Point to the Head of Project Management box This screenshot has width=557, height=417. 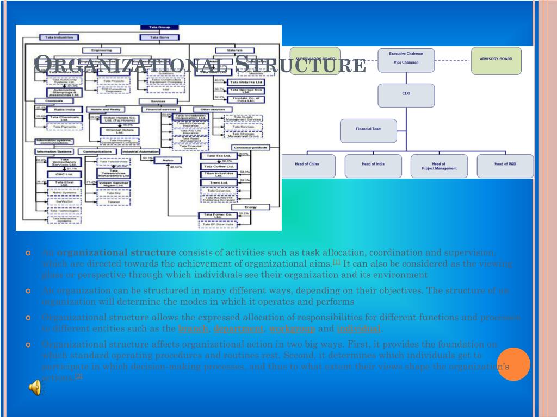[x=439, y=166]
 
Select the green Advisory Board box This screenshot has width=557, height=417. [x=496, y=60]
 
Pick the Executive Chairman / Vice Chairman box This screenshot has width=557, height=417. [x=406, y=60]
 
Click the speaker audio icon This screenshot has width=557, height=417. [x=35, y=388]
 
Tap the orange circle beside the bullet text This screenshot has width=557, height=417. [x=513, y=364]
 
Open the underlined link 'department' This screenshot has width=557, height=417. [x=238, y=328]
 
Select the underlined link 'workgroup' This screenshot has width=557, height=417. [x=292, y=328]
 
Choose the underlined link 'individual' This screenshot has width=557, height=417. [x=358, y=328]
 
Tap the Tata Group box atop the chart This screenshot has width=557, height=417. [x=156, y=27]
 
